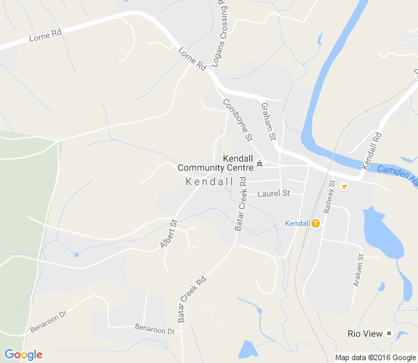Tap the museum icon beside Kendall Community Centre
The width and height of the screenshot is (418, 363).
tap(260, 163)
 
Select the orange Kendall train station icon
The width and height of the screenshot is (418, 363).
tap(316, 223)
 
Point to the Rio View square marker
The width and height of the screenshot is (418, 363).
tap(389, 334)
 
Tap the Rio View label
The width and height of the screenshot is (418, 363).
tap(365, 334)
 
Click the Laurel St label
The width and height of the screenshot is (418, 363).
tap(273, 193)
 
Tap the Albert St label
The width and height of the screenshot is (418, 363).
tap(169, 235)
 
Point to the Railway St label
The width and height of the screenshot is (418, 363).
tap(330, 198)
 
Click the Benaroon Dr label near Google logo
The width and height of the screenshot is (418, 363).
tap(48, 323)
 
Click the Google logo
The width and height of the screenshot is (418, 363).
tap(23, 355)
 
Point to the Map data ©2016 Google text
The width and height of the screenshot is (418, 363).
tap(375, 357)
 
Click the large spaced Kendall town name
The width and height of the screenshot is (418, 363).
tap(210, 181)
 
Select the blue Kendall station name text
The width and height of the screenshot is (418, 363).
tap(297, 223)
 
